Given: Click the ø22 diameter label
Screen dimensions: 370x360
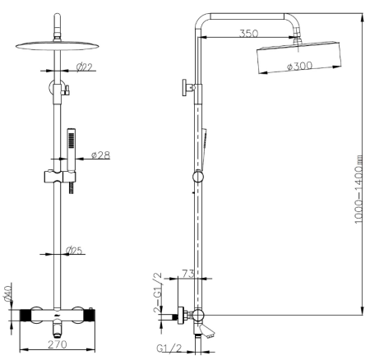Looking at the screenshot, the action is [x=85, y=67].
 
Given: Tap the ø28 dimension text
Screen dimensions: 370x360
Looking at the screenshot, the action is [x=100, y=155].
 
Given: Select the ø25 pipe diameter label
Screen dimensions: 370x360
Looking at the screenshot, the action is [x=74, y=250].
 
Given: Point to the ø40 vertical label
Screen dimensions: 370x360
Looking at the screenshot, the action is [x=8, y=293].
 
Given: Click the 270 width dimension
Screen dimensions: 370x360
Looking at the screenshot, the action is [x=58, y=344].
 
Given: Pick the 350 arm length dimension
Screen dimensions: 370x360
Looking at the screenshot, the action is [x=248, y=34].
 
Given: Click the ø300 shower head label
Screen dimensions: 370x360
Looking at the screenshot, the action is [x=299, y=66].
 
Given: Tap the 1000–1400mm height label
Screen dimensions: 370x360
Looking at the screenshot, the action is [x=358, y=190].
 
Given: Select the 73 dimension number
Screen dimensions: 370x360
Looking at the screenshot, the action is [x=188, y=274].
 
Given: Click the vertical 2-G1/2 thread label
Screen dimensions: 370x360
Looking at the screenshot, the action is [x=158, y=293].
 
